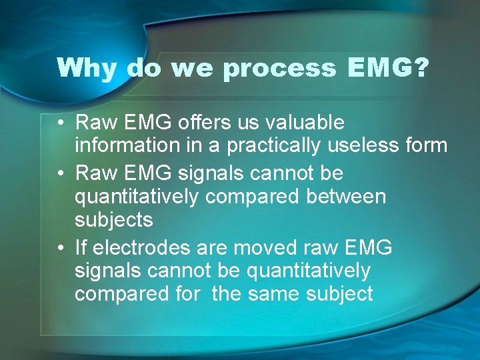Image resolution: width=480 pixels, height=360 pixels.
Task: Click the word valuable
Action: point(306,123)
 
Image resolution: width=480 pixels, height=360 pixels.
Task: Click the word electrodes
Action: point(143,248)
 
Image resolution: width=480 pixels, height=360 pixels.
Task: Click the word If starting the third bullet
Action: point(81,248)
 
